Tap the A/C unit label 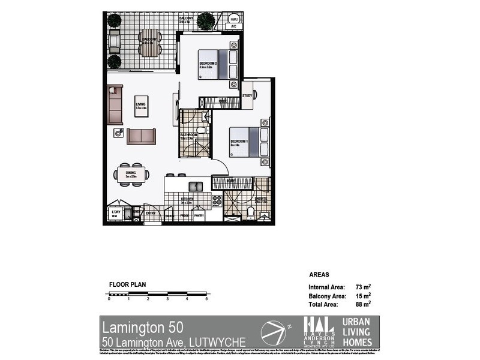click(x=233, y=27)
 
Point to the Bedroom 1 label click(x=239, y=142)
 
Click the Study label click(x=247, y=96)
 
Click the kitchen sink click(x=196, y=186)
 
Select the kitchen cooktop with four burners click(x=217, y=200)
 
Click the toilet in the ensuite click(x=250, y=211)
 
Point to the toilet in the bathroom click(x=201, y=130)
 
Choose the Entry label click(x=150, y=213)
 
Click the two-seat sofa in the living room click(x=141, y=136)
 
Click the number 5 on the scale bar click(x=206, y=298)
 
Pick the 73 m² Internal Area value click(x=363, y=287)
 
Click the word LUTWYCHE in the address click(x=217, y=343)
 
